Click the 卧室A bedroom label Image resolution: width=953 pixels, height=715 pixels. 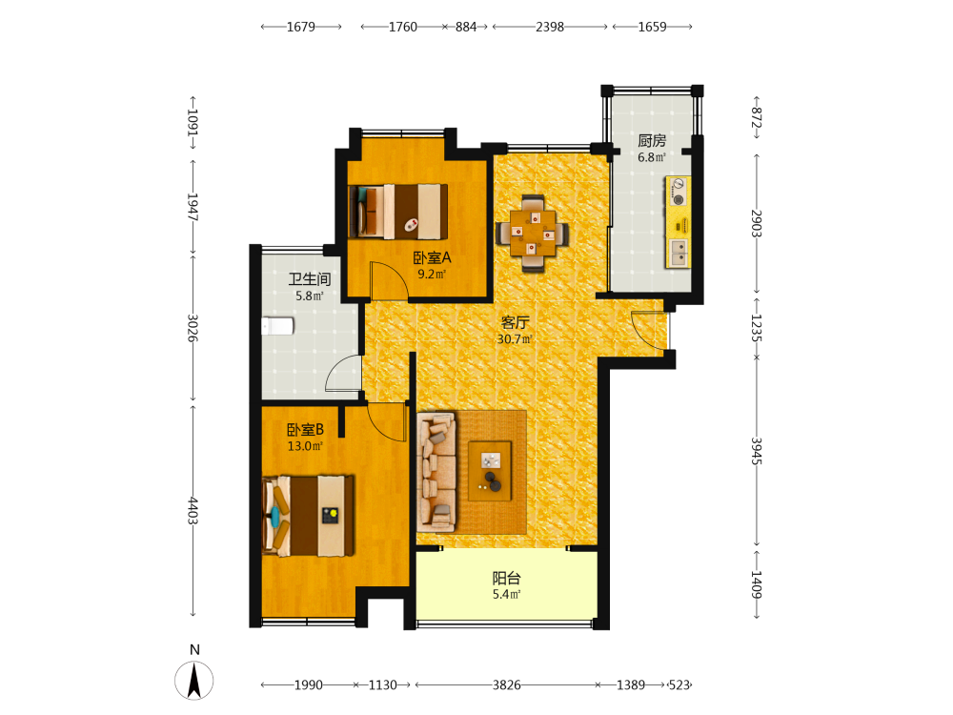(x=432, y=257)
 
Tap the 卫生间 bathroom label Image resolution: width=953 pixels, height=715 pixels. (x=310, y=279)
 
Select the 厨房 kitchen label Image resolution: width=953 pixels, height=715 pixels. (x=652, y=140)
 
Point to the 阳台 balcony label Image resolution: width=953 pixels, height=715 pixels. (x=506, y=578)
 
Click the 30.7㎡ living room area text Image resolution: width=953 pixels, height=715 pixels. (x=515, y=339)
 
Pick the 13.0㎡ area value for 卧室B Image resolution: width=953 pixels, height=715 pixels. (x=305, y=446)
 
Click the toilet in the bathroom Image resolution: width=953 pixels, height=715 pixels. (x=277, y=326)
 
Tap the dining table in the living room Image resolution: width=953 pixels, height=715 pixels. (x=533, y=233)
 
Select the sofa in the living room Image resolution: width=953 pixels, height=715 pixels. (x=436, y=473)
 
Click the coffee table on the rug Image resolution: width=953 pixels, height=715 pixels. (x=490, y=471)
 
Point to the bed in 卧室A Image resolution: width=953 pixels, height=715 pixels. (x=398, y=212)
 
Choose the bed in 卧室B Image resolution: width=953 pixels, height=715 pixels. (x=308, y=516)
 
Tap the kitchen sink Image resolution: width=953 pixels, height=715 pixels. (x=679, y=253)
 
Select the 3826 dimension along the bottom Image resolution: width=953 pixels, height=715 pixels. (x=506, y=685)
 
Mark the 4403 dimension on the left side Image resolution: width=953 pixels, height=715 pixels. (x=193, y=511)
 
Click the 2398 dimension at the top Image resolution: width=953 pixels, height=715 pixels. (x=550, y=27)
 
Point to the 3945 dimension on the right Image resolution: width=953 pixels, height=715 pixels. (x=757, y=451)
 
